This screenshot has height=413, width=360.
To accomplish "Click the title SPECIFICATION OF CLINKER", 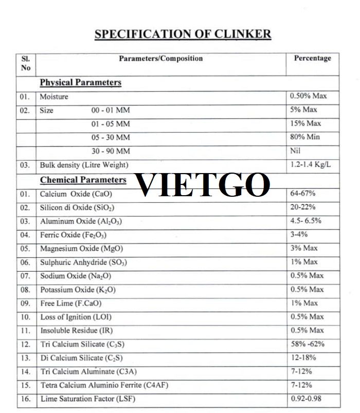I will pos(183,34).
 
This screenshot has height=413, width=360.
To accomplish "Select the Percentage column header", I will pos(312,58).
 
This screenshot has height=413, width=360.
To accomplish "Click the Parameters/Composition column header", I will pos(161,59).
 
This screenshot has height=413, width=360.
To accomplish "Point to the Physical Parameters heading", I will pos(81,82).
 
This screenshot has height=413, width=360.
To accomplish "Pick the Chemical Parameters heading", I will pos(83,180).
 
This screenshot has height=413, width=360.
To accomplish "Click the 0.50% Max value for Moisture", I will pos(308,96).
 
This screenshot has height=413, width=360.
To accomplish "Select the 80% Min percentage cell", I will pos(305,137).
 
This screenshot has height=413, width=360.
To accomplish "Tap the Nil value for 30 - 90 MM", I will pos(295,151).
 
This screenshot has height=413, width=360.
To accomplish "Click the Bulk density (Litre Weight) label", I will pos(84,165).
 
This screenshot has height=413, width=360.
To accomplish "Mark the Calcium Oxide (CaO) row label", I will pos(76,194).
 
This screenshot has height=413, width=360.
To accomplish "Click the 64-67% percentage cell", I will pos(303,194).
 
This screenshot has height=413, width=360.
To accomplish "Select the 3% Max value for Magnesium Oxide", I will pos(304,248).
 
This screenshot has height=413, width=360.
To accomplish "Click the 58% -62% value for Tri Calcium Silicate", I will pos(307,344).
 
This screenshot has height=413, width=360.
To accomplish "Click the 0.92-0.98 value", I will pos(308,398).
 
